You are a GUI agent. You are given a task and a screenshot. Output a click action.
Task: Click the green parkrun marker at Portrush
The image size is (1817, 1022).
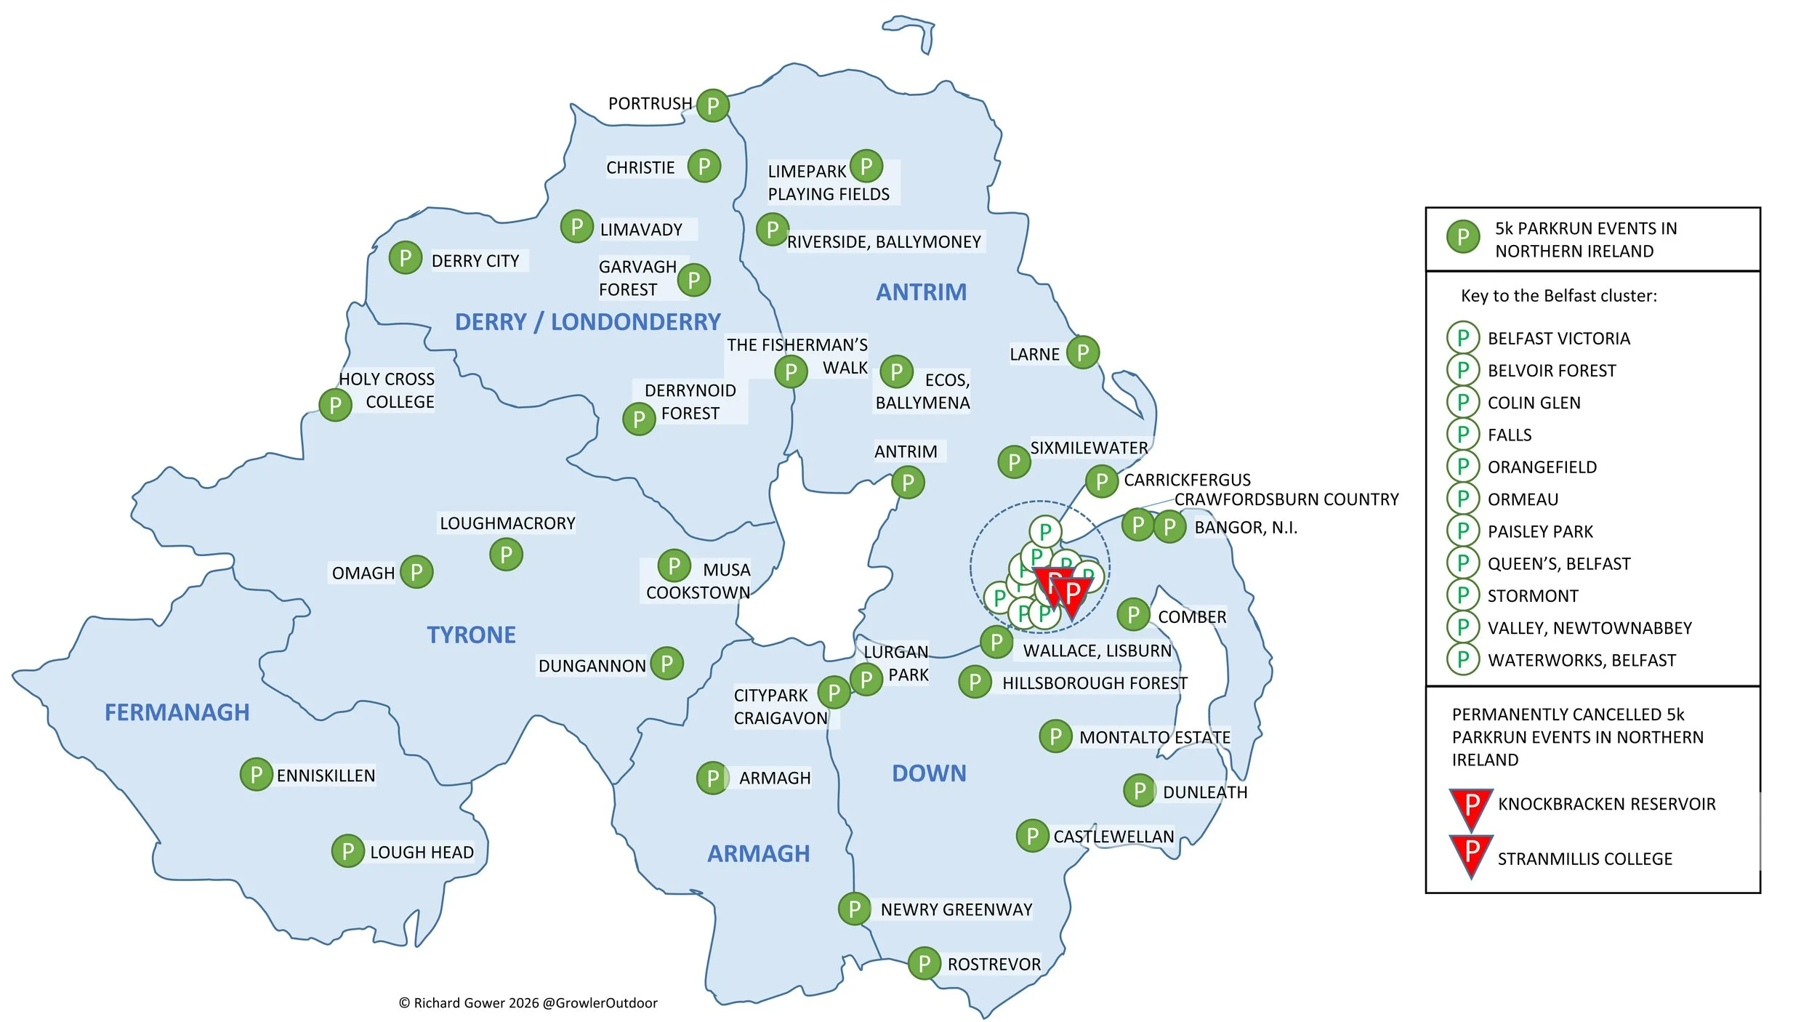pyautogui.click(x=712, y=105)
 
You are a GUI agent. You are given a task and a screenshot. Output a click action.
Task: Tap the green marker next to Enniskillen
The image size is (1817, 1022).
pyautogui.click(x=256, y=775)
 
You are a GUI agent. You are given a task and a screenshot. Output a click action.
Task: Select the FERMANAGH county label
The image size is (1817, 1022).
pyautogui.click(x=177, y=712)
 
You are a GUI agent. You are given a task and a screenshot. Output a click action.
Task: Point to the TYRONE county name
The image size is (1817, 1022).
pyautogui.click(x=471, y=635)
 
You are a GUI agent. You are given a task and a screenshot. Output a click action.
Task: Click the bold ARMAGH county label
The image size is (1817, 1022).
pyautogui.click(x=758, y=853)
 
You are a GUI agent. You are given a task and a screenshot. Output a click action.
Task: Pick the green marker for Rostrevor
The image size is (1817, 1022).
pyautogui.click(x=924, y=964)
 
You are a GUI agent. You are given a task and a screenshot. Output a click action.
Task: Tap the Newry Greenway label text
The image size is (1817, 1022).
pyautogui.click(x=956, y=909)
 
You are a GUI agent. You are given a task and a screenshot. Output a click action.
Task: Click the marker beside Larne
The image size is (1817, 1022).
pyautogui.click(x=1082, y=353)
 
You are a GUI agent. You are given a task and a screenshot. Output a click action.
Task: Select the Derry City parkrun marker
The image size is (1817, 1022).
pyautogui.click(x=405, y=258)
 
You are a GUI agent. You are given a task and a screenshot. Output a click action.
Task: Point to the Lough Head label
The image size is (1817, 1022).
pyautogui.click(x=422, y=852)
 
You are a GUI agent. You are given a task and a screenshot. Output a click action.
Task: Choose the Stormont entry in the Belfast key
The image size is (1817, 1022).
pyautogui.click(x=1532, y=596)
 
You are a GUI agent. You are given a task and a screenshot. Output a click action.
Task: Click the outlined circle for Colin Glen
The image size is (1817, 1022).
pyautogui.click(x=1462, y=402)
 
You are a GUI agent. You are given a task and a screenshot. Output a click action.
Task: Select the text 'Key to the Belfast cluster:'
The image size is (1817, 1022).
pyautogui.click(x=1558, y=296)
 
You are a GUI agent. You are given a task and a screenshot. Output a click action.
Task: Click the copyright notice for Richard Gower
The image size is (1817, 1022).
pyautogui.click(x=528, y=1003)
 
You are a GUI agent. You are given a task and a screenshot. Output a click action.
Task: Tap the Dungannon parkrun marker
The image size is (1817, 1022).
pyautogui.click(x=666, y=664)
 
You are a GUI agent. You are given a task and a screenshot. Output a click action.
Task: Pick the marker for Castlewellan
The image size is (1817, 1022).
pyautogui.click(x=1032, y=836)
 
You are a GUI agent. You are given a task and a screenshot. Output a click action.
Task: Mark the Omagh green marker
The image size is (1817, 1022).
pyautogui.click(x=416, y=572)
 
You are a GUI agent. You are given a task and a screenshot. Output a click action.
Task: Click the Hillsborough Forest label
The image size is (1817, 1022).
pyautogui.click(x=1094, y=683)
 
